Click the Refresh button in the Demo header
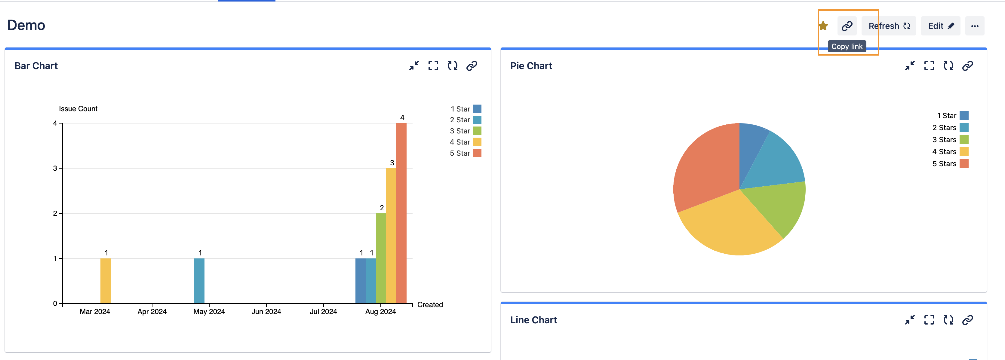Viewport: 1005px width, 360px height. pyautogui.click(x=888, y=26)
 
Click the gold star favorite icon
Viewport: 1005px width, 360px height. pyautogui.click(x=823, y=26)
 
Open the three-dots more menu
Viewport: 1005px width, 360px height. pyautogui.click(x=975, y=26)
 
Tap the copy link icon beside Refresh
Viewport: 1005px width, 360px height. pyautogui.click(x=847, y=26)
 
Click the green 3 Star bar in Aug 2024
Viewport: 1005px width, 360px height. pyautogui.click(x=381, y=258)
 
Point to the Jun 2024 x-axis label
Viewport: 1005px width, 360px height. pyautogui.click(x=266, y=312)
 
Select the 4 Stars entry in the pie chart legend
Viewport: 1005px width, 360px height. pyautogui.click(x=950, y=152)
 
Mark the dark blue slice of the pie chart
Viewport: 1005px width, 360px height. pyautogui.click(x=751, y=144)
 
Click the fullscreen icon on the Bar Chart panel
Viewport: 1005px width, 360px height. pyautogui.click(x=433, y=66)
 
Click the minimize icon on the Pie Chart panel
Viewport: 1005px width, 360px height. pyautogui.click(x=910, y=66)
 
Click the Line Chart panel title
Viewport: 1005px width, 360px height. pyautogui.click(x=533, y=320)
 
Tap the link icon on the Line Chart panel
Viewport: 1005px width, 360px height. pyautogui.click(x=967, y=320)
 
